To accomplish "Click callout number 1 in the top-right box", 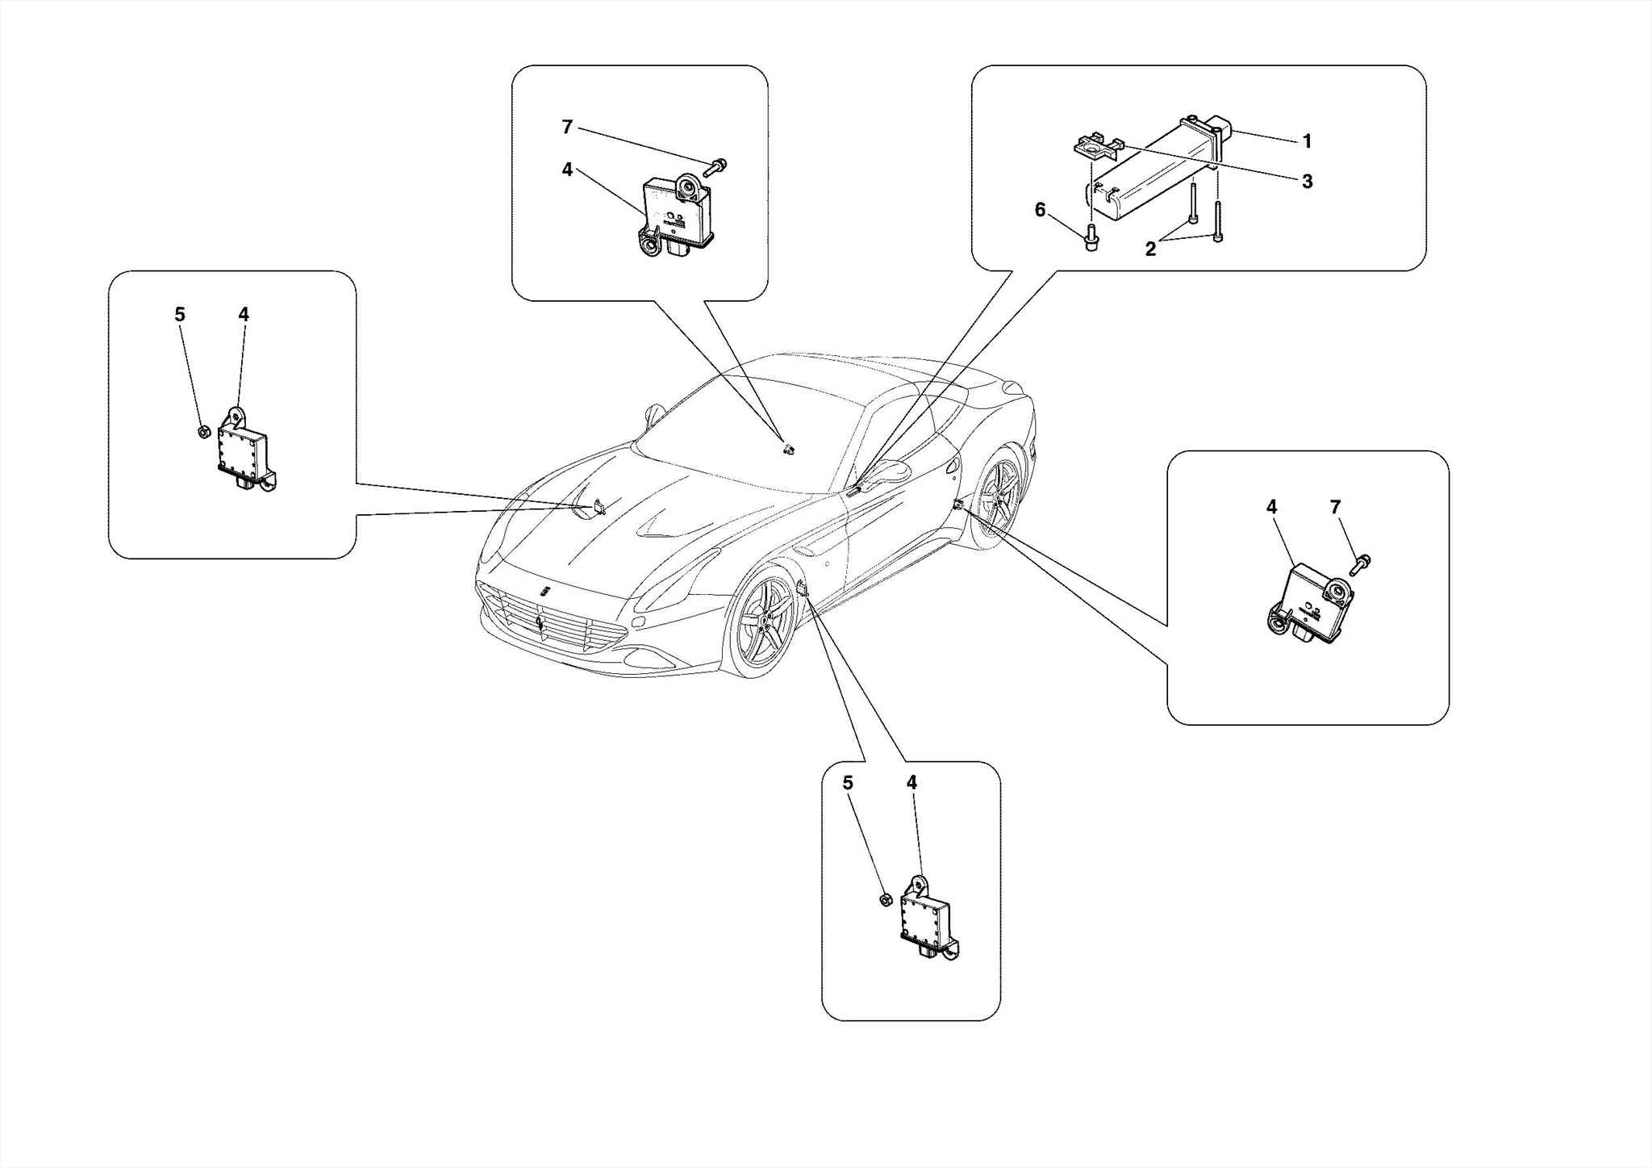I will [1307, 141].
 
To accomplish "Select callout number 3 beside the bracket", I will [1307, 182].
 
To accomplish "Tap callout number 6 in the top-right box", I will [1040, 211].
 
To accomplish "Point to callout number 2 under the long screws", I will [1150, 249].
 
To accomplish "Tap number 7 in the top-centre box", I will [567, 127].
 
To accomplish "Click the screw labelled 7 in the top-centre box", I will [717, 166].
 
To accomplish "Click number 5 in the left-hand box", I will [180, 314].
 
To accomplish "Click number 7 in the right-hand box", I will [1335, 507].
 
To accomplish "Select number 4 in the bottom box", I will [912, 782].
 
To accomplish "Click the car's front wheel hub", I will [761, 622].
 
